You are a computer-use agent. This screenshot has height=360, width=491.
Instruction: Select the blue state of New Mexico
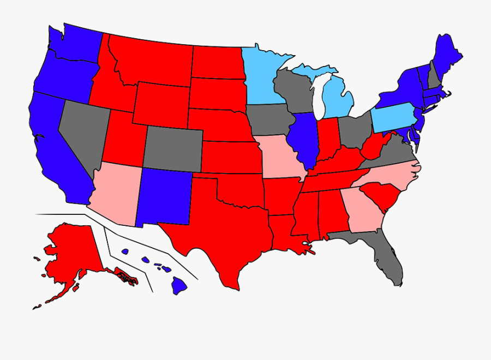pyautogui.click(x=164, y=196)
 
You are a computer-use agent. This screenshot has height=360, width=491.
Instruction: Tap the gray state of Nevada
pyautogui.click(x=82, y=131)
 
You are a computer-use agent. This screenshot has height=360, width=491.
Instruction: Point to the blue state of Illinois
pyautogui.click(x=303, y=139)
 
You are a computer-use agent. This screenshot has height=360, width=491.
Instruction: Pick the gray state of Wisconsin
pyautogui.click(x=291, y=90)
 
